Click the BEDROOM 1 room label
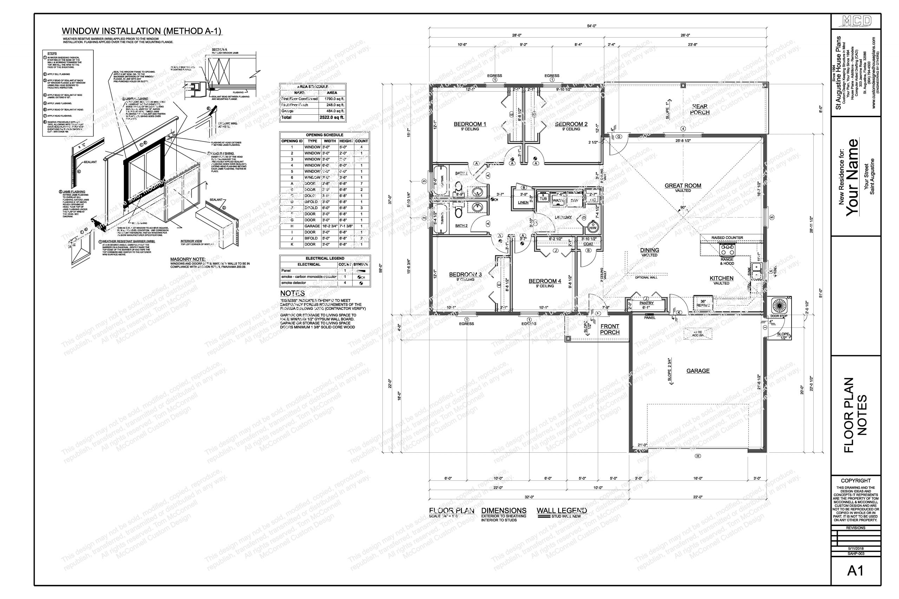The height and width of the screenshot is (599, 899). [x=470, y=124]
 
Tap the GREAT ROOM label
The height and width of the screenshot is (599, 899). [x=683, y=186]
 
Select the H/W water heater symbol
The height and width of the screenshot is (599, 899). [x=593, y=227]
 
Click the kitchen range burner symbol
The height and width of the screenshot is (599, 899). [x=727, y=250]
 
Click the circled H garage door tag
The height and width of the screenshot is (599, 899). [x=698, y=456]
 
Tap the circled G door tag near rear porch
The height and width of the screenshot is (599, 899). [x=618, y=137]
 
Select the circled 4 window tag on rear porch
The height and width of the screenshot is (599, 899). [x=683, y=129]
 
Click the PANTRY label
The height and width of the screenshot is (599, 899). [x=647, y=303]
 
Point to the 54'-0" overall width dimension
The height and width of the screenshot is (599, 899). [x=591, y=26]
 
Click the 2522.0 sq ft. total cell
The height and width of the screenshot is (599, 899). [x=332, y=118]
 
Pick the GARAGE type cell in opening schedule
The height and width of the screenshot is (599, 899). [x=310, y=226]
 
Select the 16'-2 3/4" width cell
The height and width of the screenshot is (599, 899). [x=330, y=226]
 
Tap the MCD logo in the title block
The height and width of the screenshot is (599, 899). [x=856, y=21]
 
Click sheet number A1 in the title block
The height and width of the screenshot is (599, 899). [x=855, y=571]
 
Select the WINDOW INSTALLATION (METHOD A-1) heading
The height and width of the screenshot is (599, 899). [x=142, y=31]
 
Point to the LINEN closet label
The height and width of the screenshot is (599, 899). [x=523, y=203]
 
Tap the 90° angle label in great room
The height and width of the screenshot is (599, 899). [x=683, y=208]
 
